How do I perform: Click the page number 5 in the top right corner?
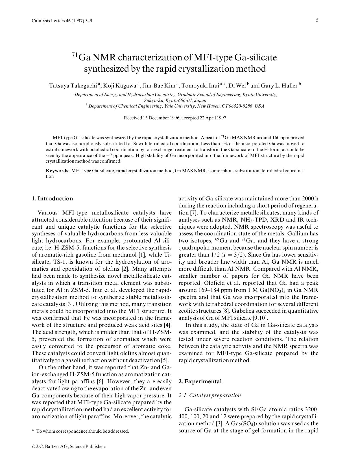click(x=317, y=20)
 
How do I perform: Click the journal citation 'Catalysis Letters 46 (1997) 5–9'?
click(x=62, y=21)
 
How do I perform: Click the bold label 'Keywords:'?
click(x=58, y=171)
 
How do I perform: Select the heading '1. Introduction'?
click(x=52, y=198)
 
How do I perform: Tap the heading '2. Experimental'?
click(x=200, y=382)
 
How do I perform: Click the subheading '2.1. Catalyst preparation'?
click(x=210, y=395)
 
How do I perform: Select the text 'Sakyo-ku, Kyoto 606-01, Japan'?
click(x=175, y=100)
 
